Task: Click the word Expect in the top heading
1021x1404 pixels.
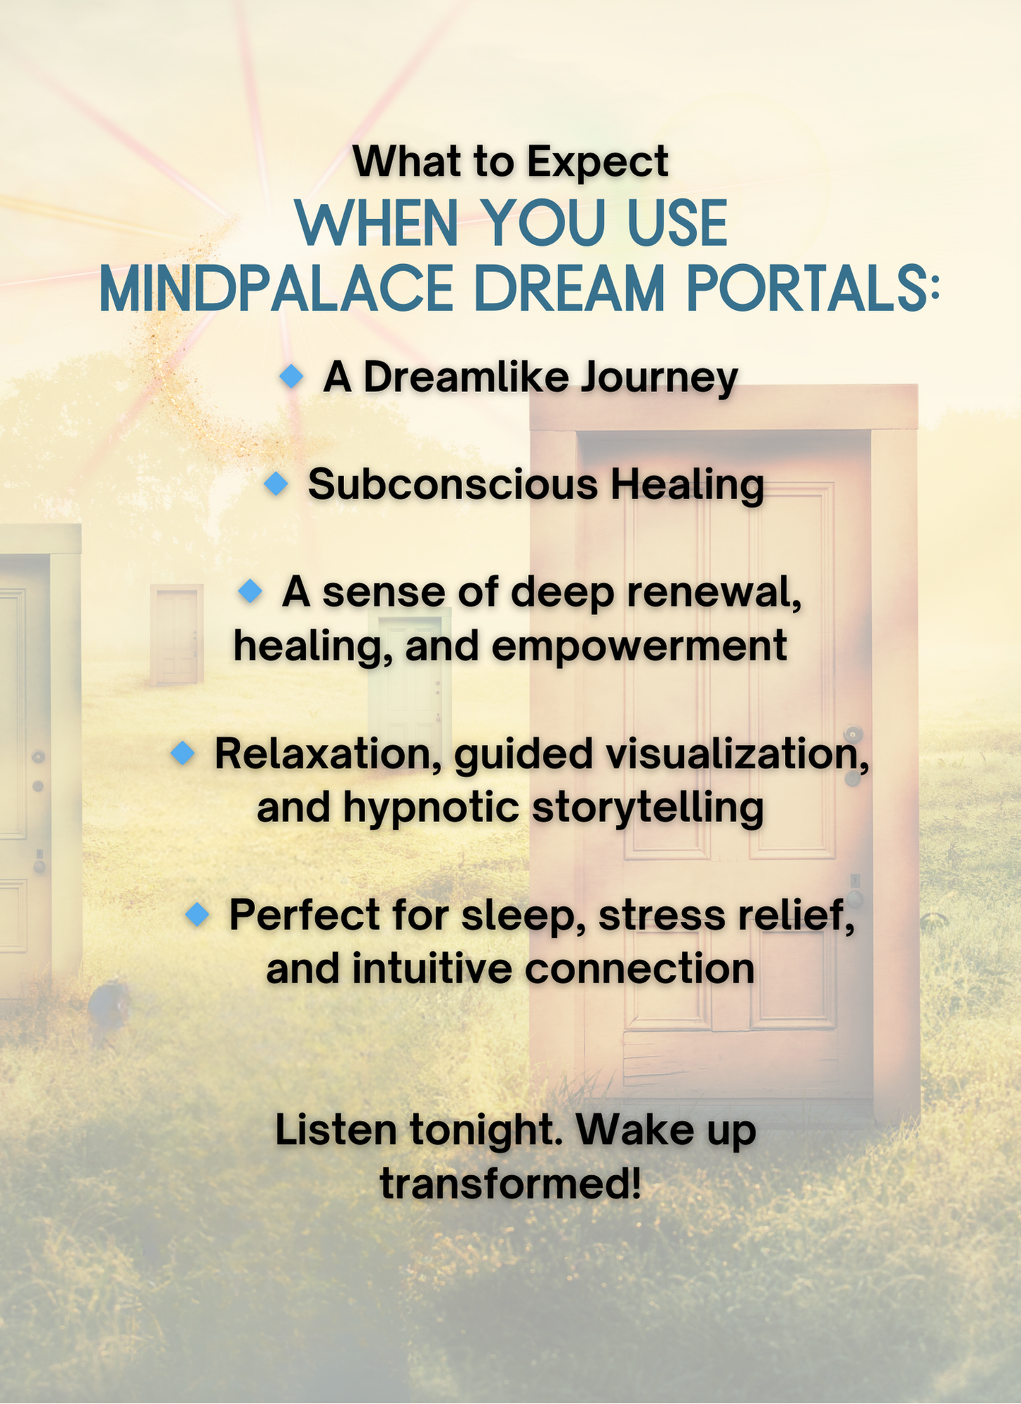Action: click(x=597, y=162)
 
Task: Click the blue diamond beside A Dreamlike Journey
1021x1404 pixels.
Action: click(x=291, y=376)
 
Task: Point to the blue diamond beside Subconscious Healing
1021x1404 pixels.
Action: click(x=276, y=484)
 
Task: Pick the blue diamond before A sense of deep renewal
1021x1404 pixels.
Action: click(x=250, y=590)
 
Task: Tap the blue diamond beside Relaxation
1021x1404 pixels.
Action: click(x=183, y=753)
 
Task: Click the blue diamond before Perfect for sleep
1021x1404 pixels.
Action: click(x=197, y=915)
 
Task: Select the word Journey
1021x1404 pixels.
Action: click(x=659, y=378)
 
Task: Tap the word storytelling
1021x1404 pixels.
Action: click(x=647, y=807)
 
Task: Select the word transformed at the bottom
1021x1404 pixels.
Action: click(x=510, y=1184)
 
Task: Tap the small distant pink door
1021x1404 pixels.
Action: click(x=176, y=634)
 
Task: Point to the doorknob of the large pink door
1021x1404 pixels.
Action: click(x=854, y=734)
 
